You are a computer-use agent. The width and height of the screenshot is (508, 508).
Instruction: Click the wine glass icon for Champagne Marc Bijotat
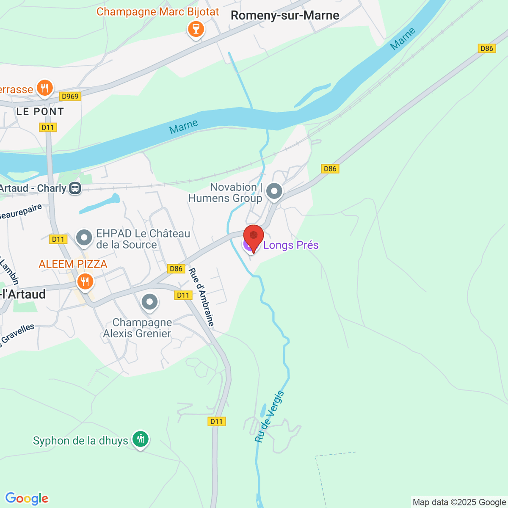click(196, 29)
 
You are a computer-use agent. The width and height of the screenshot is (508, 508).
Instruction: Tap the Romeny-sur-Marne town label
click(285, 16)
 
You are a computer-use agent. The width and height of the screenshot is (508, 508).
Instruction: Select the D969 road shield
click(70, 97)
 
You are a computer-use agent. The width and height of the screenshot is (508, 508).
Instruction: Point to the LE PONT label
click(40, 112)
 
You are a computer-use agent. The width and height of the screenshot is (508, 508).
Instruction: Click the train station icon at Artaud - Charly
click(75, 188)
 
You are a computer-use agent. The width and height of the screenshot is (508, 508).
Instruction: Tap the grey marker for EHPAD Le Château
click(84, 237)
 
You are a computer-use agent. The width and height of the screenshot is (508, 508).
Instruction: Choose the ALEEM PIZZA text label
click(73, 264)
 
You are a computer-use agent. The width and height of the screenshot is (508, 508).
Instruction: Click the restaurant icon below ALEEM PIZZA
click(85, 281)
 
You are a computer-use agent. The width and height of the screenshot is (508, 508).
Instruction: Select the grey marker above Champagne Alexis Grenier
click(149, 302)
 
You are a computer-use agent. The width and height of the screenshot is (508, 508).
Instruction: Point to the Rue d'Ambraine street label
click(202, 297)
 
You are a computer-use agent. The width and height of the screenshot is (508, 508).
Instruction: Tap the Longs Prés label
click(291, 245)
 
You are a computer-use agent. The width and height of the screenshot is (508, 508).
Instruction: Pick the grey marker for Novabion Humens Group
click(274, 191)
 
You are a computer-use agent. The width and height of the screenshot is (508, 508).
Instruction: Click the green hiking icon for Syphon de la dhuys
click(140, 439)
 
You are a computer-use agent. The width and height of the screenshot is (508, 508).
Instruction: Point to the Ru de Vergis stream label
click(270, 417)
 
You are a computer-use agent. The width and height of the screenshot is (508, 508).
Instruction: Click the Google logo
click(27, 499)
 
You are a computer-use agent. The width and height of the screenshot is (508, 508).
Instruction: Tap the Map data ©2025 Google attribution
click(459, 502)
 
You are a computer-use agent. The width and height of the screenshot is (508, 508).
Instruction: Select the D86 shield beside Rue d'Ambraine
click(176, 269)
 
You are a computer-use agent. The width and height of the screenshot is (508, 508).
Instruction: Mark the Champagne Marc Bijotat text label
click(157, 12)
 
